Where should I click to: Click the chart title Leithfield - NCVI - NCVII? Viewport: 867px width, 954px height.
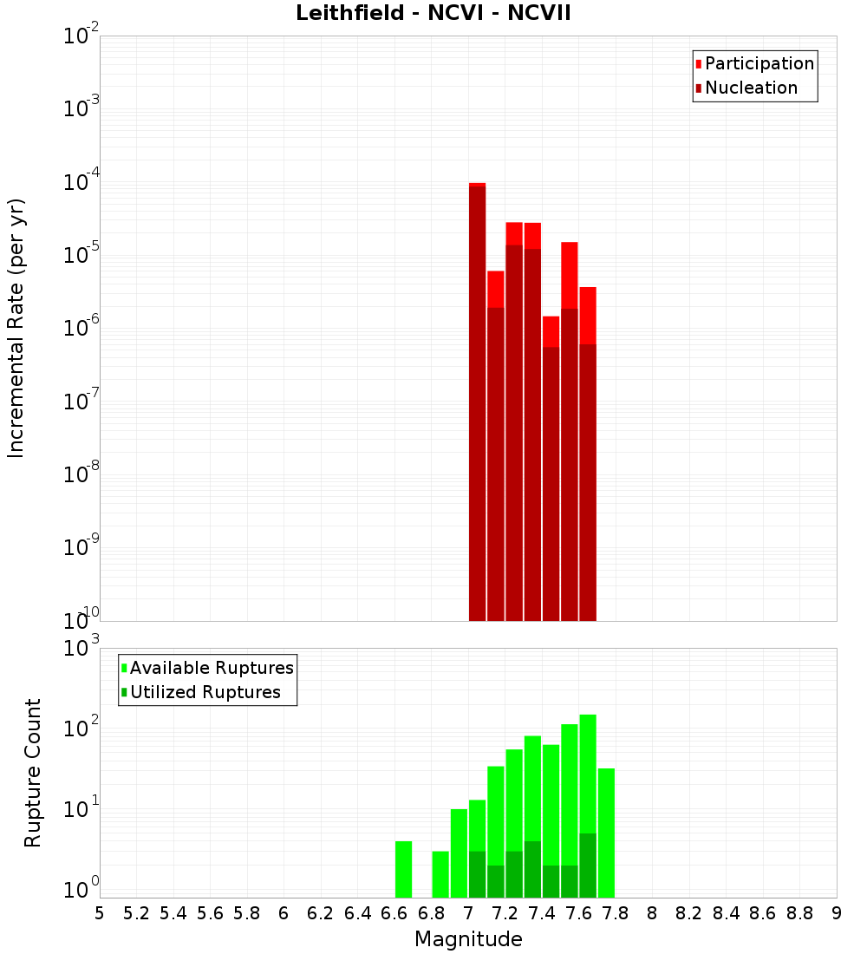click(x=433, y=14)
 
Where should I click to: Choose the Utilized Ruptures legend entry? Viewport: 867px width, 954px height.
click(x=205, y=692)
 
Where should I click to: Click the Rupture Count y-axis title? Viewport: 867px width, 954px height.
click(x=33, y=773)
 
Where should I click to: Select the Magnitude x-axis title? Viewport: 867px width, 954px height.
click(x=468, y=939)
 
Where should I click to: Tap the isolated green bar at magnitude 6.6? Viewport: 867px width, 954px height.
click(x=403, y=869)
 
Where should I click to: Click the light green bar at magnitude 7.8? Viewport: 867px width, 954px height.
click(x=606, y=833)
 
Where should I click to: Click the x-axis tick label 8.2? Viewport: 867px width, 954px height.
click(x=689, y=913)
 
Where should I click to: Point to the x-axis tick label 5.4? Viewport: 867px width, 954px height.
click(x=173, y=913)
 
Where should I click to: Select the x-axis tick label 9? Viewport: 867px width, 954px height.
click(x=837, y=913)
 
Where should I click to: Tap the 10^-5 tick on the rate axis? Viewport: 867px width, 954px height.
click(x=80, y=255)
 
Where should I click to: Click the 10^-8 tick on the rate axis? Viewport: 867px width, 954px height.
click(x=80, y=474)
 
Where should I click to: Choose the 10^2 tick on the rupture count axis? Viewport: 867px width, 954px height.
click(x=80, y=729)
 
